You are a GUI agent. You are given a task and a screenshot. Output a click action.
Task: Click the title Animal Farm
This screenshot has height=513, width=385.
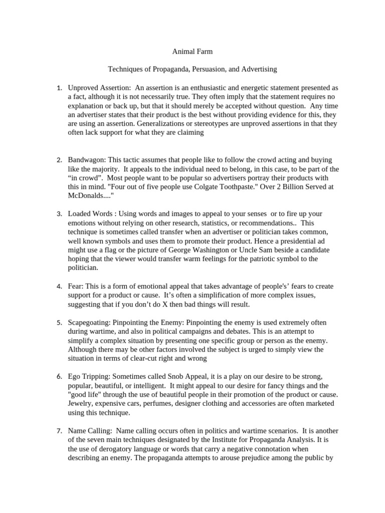click(x=192, y=51)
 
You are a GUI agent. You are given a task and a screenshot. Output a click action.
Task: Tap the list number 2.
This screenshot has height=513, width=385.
click(x=59, y=160)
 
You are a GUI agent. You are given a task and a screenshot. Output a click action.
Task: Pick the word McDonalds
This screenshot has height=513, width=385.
click(x=84, y=196)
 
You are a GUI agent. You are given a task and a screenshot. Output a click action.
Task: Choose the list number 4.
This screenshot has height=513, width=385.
click(x=59, y=286)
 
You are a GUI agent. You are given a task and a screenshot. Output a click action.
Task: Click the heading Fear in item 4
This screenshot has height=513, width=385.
click(x=76, y=286)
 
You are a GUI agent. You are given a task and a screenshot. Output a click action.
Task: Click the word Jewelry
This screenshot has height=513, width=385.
click(x=81, y=403)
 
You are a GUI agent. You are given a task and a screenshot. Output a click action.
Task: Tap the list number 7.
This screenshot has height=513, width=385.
click(x=59, y=430)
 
